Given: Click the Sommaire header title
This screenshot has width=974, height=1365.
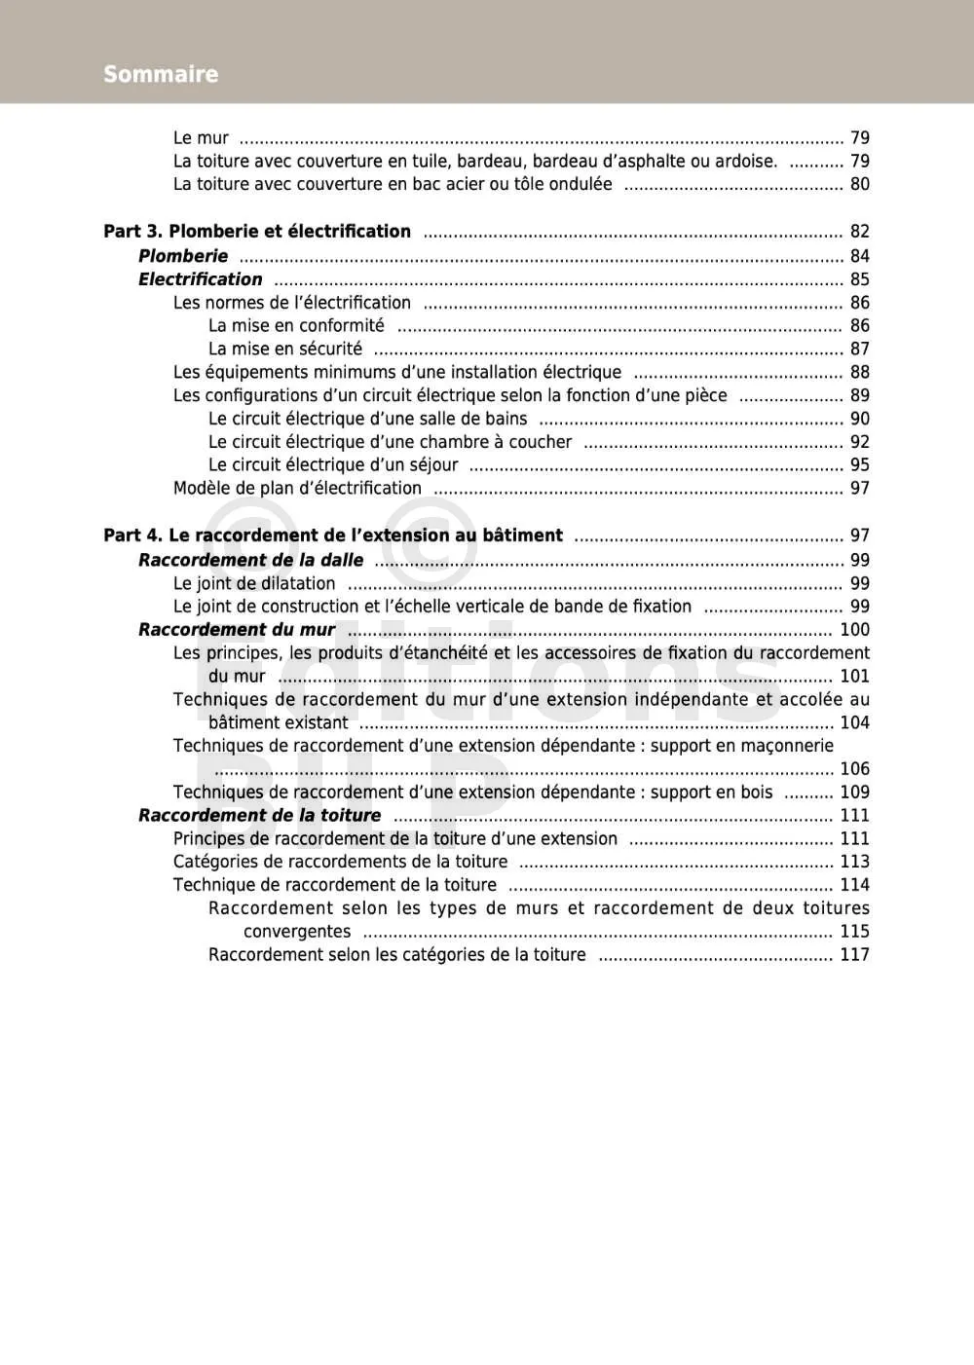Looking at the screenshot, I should coord(161,74).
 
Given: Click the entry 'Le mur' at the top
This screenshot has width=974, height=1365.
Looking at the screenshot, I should coord(201,138).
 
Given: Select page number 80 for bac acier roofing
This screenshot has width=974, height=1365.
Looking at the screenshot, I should coord(860,184).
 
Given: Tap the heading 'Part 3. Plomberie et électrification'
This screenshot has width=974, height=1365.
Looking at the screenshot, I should coord(257,232).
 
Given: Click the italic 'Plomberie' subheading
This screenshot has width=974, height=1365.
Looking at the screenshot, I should coord(183,256).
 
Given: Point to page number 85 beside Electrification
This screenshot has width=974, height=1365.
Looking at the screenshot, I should coord(860,279).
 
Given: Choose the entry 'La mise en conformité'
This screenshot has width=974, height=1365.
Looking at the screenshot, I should coord(296,326).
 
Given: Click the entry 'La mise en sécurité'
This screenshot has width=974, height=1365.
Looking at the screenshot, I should coord(285,349).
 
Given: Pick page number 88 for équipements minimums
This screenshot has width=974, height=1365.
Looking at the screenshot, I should coord(860,372).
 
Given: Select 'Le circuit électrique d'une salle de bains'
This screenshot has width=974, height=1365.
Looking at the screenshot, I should coord(367,419).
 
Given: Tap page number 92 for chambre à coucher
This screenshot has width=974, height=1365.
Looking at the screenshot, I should coord(860,442).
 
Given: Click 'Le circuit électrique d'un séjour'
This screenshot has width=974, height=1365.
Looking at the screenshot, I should coord(333,465).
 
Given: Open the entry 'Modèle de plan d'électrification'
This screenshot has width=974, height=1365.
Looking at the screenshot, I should coord(297,489).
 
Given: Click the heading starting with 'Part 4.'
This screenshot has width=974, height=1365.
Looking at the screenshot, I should coord(333,535).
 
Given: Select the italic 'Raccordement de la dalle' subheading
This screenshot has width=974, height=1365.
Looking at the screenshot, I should coord(250,561).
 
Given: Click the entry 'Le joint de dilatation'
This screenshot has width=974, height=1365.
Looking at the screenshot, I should coord(254,584).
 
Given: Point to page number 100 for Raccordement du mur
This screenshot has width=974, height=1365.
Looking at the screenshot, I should coord(855,630).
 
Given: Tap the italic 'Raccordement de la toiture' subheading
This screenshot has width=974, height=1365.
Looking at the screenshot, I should coord(259,816).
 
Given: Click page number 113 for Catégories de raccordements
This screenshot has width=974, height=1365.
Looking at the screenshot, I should coord(855,862).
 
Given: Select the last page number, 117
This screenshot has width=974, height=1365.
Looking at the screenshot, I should coord(855,955).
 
